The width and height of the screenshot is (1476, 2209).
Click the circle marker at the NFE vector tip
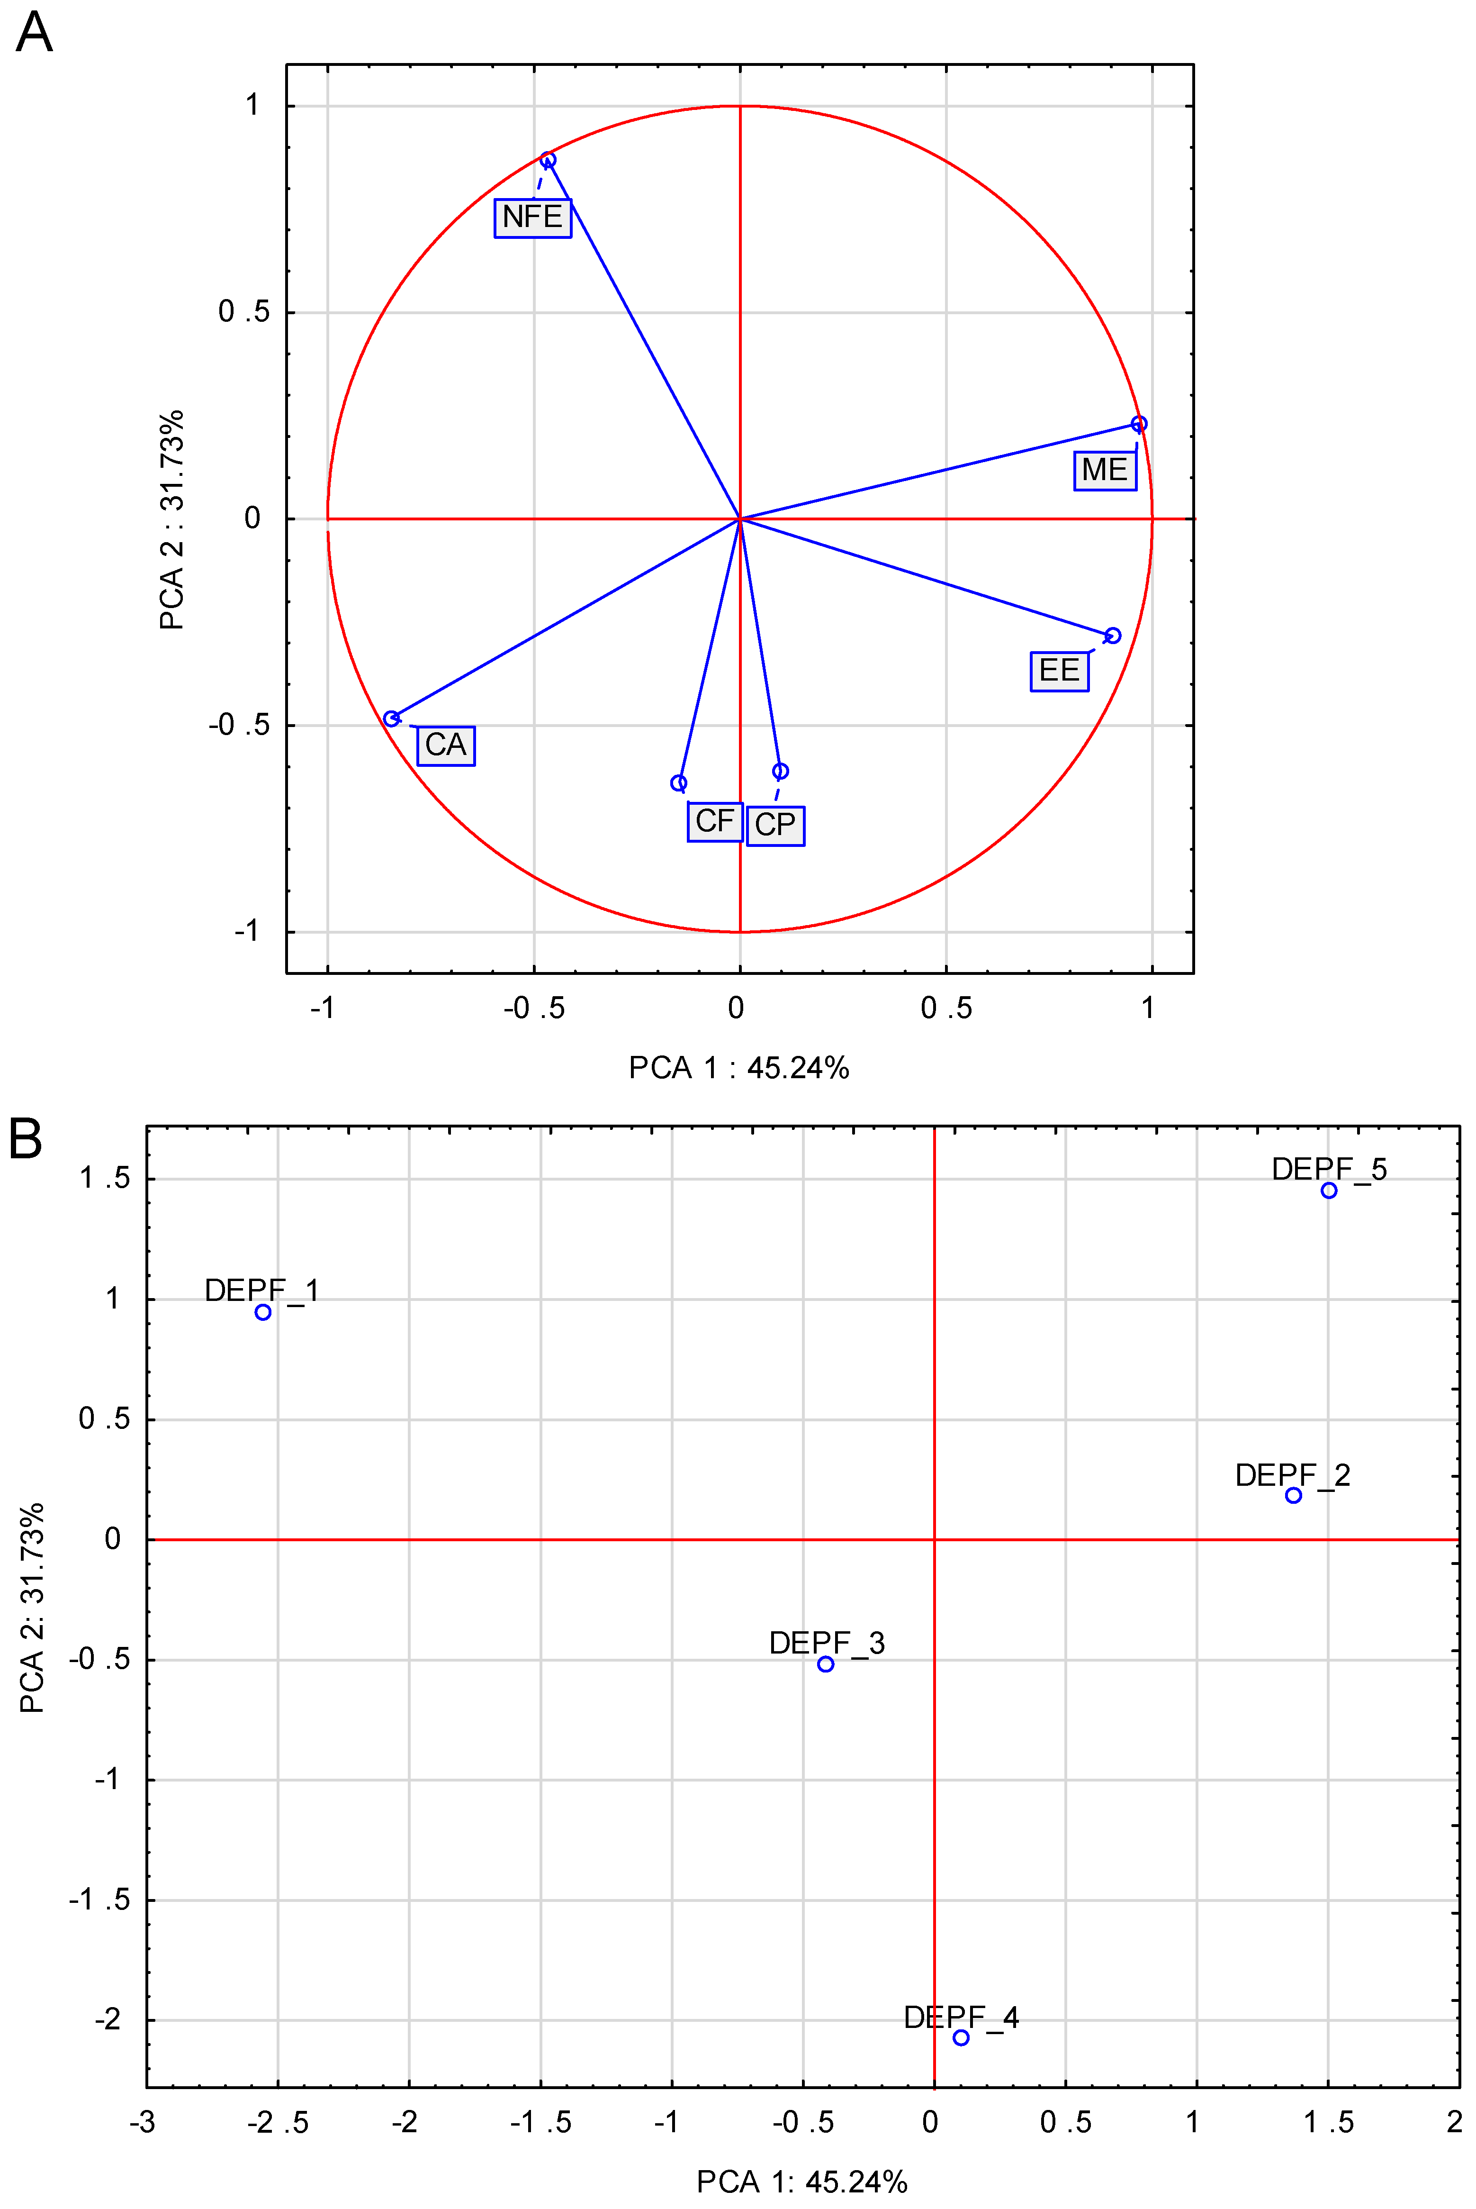[x=548, y=160]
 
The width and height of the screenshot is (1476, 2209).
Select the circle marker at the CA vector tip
[x=392, y=718]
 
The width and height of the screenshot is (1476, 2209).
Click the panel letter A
[x=34, y=33]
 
